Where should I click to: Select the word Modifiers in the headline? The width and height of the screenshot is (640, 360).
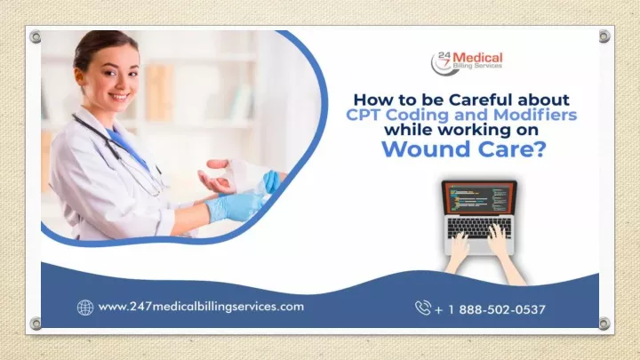535,115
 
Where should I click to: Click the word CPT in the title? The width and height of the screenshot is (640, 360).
364,115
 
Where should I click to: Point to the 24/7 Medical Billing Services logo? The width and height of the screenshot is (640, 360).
467,63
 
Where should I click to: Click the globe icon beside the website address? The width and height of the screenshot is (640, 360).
85,308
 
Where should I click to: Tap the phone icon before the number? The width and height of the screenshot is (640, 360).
423,308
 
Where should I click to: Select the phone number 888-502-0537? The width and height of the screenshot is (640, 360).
502,310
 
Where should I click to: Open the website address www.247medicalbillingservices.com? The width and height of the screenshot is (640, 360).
201,307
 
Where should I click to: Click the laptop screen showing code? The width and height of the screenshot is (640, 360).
479,197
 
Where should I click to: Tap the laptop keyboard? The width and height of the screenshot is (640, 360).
479,228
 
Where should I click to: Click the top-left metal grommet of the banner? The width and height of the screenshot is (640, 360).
36,37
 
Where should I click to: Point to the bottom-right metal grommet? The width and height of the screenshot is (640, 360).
604,324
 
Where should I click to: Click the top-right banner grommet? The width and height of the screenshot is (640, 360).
604,36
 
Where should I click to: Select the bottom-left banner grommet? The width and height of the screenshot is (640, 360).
36,324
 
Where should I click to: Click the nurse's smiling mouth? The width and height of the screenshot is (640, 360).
119,97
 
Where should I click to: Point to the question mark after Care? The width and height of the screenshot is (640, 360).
539,148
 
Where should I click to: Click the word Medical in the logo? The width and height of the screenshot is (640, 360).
477,58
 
